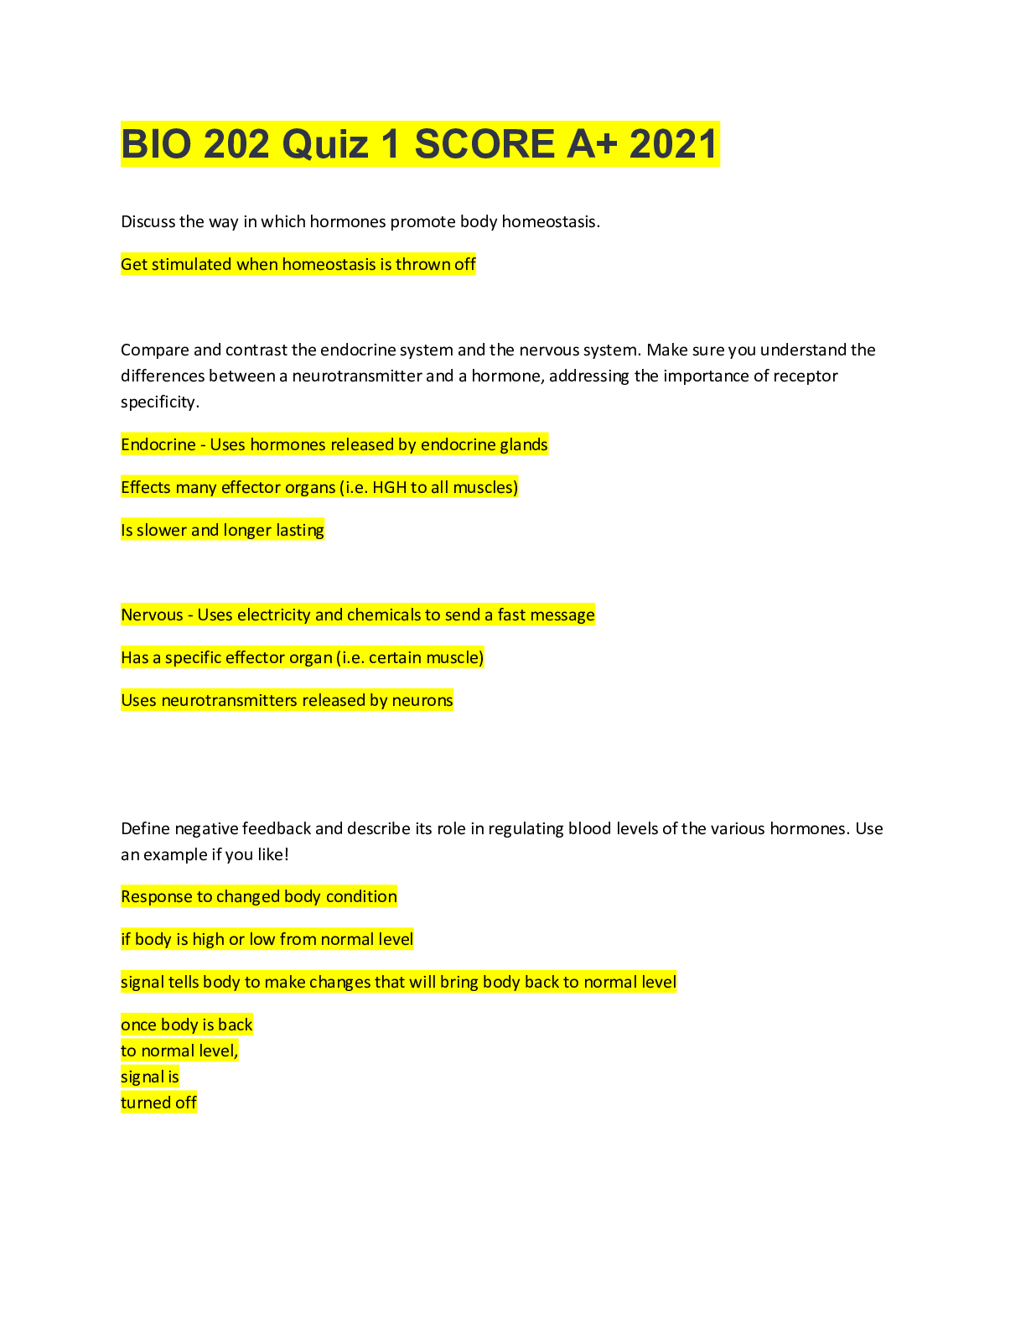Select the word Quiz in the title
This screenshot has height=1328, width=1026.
coord(325,144)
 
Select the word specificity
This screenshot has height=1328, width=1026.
coord(159,402)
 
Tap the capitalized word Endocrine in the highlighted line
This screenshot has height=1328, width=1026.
coord(158,445)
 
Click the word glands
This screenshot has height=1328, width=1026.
coord(523,445)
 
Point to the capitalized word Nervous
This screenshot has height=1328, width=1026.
coord(152,615)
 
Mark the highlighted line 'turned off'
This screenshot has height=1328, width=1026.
coord(158,1103)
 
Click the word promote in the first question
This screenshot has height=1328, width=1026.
coord(422,222)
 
